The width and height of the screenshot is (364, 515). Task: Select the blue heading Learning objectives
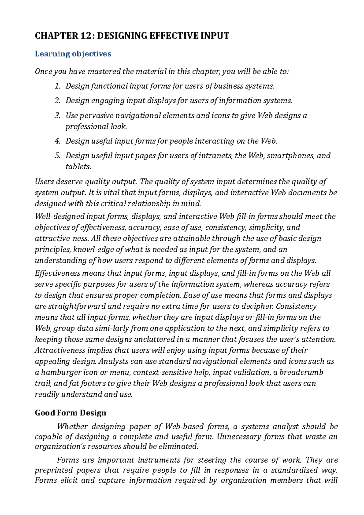coord(73,54)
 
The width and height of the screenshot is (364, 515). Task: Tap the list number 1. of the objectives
coord(58,86)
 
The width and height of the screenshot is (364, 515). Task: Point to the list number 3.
coord(58,116)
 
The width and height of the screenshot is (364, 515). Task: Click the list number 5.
coord(58,156)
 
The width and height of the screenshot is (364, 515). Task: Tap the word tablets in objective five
coord(78,167)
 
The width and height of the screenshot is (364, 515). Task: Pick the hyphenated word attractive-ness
coord(62,238)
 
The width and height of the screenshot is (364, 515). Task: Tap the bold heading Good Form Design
coord(71,413)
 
